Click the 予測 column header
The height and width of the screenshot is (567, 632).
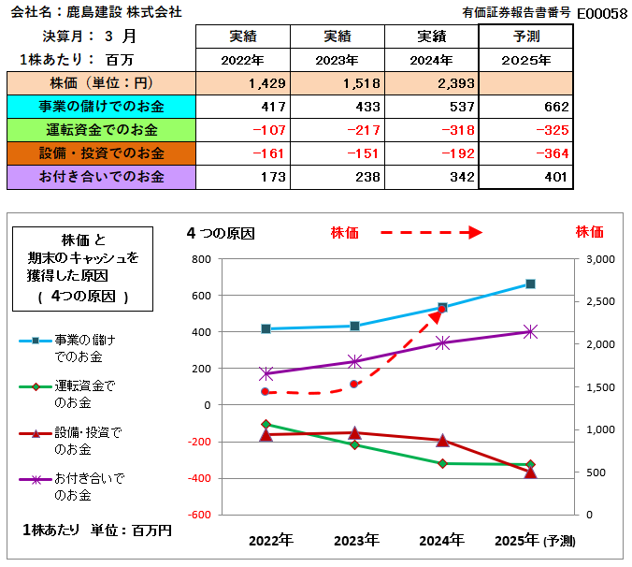pos(525,36)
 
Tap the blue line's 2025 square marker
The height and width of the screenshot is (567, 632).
pos(530,283)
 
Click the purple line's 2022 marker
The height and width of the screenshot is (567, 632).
pos(266,373)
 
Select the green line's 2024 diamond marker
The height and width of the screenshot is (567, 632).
pos(442,463)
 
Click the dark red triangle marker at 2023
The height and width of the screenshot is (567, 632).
pos(354,432)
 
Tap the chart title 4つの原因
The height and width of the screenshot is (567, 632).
pos(221,232)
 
